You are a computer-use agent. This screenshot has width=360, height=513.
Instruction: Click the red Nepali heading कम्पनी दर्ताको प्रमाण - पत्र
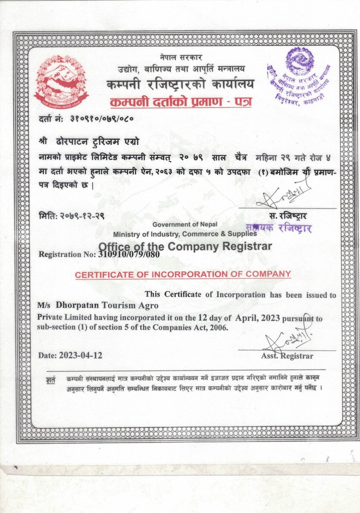tap(181, 102)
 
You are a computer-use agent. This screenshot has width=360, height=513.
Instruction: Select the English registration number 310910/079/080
tap(129, 254)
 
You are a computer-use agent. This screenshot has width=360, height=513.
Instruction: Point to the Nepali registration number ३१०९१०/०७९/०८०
tap(102, 119)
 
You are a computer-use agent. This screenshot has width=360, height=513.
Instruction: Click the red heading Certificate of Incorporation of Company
tap(183, 274)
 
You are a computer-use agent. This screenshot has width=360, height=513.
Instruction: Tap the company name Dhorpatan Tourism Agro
tap(107, 305)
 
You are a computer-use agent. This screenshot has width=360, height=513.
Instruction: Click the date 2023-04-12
tap(80, 355)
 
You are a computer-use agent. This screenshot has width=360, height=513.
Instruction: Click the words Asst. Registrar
tap(287, 356)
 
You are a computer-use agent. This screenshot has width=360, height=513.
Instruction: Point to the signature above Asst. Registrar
tap(287, 339)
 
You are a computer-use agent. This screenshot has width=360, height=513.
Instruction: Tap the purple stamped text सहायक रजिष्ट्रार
tap(278, 228)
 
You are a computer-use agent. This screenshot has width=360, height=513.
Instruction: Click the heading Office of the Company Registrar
tap(185, 246)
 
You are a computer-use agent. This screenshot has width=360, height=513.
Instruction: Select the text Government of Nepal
tap(185, 224)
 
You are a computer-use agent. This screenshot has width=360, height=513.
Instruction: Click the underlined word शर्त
tap(51, 380)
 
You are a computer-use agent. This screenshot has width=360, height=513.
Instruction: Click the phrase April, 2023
tap(258, 318)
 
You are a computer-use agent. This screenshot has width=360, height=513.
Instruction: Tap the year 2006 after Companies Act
tap(219, 327)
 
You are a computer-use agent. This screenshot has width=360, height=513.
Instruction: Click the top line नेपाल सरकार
tap(182, 58)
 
